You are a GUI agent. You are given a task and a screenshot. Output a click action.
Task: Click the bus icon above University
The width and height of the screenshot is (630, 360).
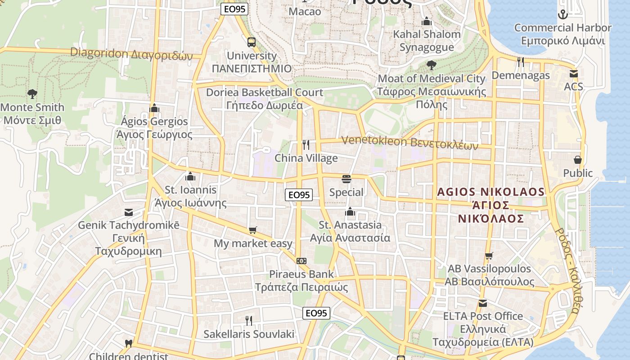point(252,42)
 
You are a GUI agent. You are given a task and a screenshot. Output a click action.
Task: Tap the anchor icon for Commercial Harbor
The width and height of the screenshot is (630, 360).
point(562,14)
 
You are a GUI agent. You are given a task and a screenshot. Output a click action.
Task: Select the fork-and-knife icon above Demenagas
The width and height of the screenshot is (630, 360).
point(521,62)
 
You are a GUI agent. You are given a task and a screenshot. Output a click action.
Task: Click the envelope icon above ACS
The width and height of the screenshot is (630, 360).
point(573,73)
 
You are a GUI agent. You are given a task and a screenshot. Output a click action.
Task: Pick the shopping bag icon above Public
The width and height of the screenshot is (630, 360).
point(578,160)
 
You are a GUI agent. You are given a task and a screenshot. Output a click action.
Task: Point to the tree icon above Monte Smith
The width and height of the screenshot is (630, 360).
point(32,94)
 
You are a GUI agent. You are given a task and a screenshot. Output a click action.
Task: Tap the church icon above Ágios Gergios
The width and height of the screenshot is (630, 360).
point(154,108)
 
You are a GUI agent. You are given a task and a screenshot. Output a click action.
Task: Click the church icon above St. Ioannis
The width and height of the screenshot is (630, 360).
point(190,176)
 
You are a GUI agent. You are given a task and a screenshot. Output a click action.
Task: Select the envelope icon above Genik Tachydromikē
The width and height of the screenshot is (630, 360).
point(129,212)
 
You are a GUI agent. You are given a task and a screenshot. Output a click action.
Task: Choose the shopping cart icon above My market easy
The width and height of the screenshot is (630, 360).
point(253,230)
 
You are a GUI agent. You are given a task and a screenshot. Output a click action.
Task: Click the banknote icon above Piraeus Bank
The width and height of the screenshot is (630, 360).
point(301,261)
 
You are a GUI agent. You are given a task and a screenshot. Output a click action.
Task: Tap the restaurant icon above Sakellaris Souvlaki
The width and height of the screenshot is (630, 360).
point(248,320)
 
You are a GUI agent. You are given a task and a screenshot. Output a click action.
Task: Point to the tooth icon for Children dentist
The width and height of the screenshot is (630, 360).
point(128,344)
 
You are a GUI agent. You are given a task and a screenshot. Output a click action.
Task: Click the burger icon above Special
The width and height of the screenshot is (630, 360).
point(346,179)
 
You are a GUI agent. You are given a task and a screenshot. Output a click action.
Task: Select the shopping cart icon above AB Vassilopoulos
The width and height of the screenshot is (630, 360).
point(489,256)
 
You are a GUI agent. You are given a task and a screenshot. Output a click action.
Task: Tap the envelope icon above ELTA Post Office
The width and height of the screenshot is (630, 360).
point(483,303)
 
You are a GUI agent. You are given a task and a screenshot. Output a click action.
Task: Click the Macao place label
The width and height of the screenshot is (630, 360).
point(305,11)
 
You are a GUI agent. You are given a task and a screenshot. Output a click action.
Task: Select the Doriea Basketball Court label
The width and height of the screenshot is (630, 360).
point(265,92)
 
